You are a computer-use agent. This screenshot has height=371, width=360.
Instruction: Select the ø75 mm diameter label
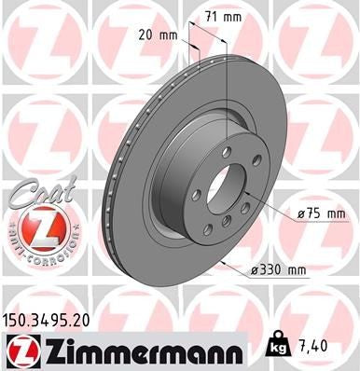coord(321,213)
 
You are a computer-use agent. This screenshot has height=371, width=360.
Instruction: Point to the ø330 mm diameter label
coord(279,270)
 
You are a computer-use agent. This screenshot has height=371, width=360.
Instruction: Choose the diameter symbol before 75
coord(300,213)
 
